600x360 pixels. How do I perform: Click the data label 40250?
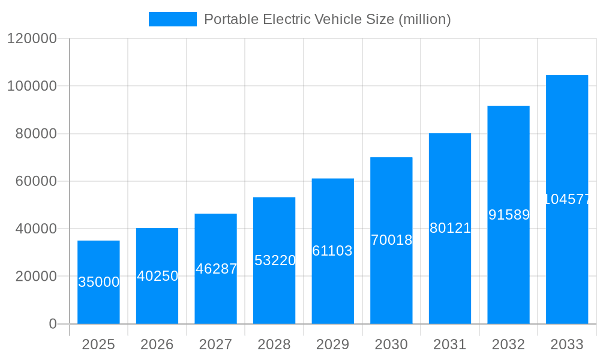point(157,276)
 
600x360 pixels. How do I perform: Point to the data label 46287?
point(216,269)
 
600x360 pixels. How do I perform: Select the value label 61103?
point(332,251)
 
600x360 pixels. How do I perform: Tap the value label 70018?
point(391,240)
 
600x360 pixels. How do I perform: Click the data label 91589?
point(509,215)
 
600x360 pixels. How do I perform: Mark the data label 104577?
point(567,199)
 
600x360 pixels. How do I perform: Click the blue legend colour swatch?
point(173,19)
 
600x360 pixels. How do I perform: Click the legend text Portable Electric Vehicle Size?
point(327,19)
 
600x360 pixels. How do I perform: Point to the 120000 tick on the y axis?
point(32,38)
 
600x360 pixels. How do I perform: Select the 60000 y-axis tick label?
point(35,181)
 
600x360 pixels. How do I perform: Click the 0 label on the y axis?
point(52,324)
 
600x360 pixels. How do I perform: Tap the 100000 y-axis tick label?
point(32,86)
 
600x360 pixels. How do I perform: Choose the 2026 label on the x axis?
point(157,344)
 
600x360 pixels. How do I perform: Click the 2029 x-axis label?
point(332,344)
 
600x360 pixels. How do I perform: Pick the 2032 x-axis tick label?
point(508,344)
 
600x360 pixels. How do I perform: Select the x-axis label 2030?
point(391,344)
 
